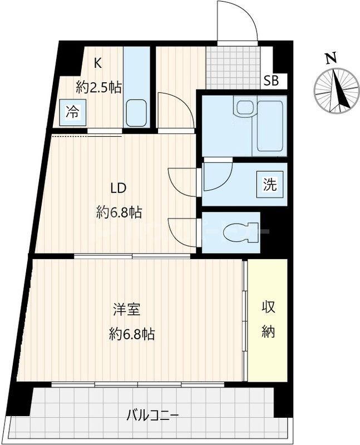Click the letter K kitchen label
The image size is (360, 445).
(97, 63)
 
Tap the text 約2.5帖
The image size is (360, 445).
(99, 87)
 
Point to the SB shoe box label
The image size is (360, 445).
(272, 80)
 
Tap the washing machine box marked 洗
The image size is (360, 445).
(269, 184)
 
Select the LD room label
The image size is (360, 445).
(117, 187)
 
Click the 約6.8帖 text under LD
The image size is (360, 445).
(119, 212)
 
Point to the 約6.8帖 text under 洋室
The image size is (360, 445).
(132, 334)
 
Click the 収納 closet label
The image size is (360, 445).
(268, 319)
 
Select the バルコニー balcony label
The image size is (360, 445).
(152, 414)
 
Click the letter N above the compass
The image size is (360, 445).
(332, 58)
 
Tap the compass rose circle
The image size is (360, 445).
(336, 90)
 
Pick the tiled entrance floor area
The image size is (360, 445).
(233, 67)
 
